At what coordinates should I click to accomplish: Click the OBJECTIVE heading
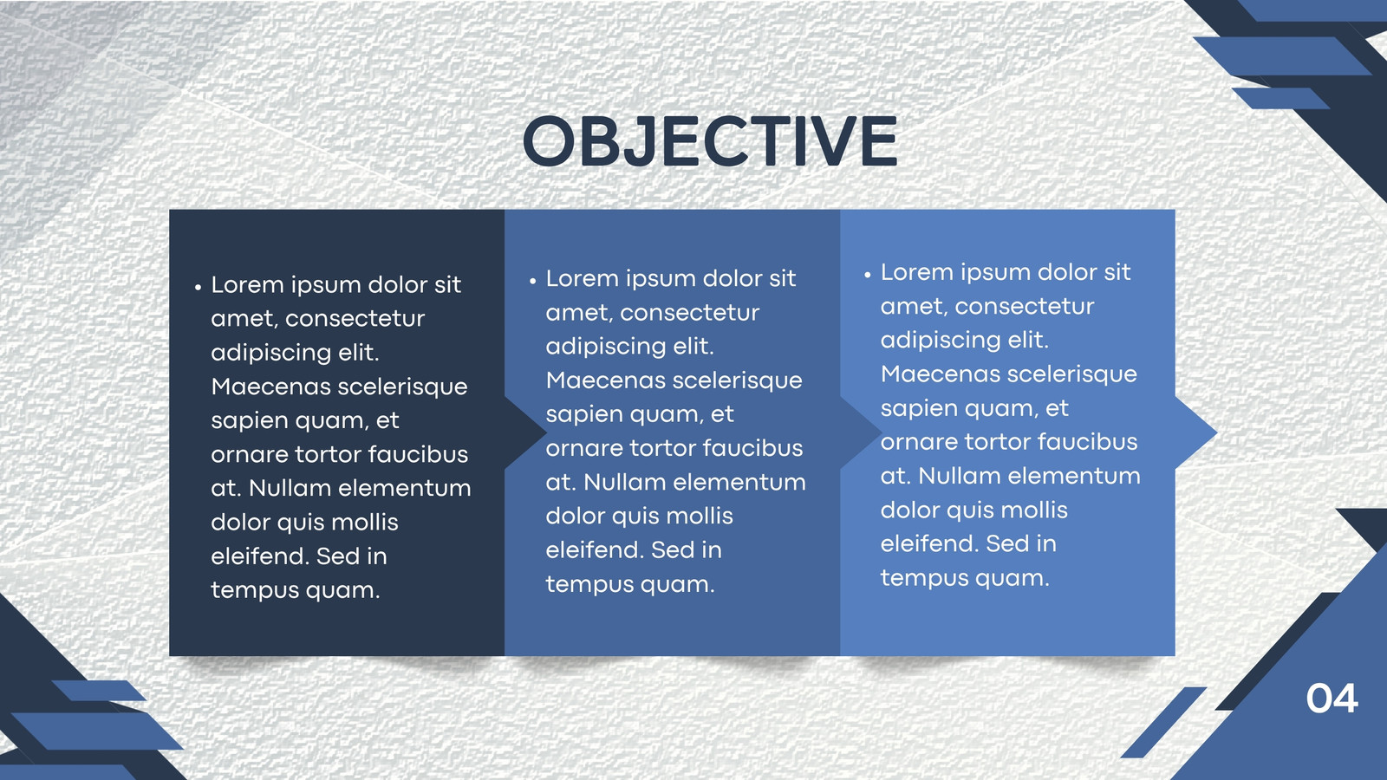[x=710, y=141]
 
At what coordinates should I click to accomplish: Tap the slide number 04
[x=1332, y=699]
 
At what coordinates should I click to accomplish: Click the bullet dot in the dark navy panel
[x=199, y=287]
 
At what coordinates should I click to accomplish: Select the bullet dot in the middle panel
[x=532, y=281]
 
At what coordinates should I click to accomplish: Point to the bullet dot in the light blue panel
[x=868, y=274]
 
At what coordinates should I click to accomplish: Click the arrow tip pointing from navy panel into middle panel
[x=546, y=432]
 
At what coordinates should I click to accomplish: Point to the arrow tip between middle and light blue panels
[x=881, y=432]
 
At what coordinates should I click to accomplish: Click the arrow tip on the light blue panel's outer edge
[x=1217, y=432]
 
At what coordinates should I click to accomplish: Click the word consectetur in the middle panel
[x=689, y=313]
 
